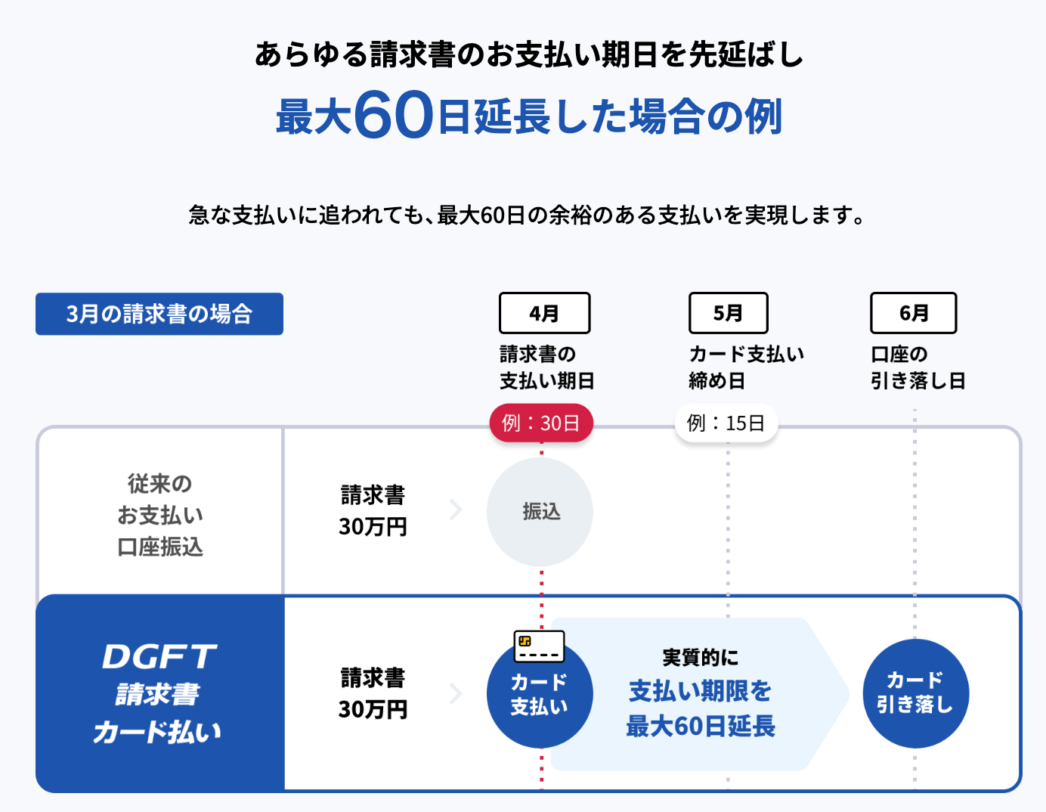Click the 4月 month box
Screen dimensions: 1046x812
pyautogui.click(x=544, y=313)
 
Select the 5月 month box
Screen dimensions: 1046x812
pyautogui.click(x=729, y=313)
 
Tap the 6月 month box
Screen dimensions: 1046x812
pyautogui.click(x=913, y=313)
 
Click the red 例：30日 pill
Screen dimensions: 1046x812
pyautogui.click(x=541, y=423)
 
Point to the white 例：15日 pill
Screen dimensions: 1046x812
pyautogui.click(x=726, y=423)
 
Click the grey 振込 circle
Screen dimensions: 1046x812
pyautogui.click(x=540, y=512)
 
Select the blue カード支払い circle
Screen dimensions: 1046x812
pyautogui.click(x=540, y=694)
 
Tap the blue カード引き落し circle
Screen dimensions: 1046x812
pyautogui.click(x=915, y=693)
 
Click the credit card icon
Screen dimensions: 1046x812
pyautogui.click(x=539, y=646)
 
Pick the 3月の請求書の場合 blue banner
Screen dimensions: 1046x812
pyautogui.click(x=159, y=314)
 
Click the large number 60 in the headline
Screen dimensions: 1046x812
pyautogui.click(x=393, y=115)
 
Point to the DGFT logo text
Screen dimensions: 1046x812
pyautogui.click(x=159, y=656)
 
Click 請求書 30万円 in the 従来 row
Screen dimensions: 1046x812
pyautogui.click(x=373, y=511)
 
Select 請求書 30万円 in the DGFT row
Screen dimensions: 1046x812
pyautogui.click(x=373, y=693)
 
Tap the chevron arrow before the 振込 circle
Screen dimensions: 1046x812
pyautogui.click(x=456, y=510)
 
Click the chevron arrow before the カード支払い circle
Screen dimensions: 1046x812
pyautogui.click(x=456, y=693)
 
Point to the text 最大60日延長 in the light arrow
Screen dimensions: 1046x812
pyautogui.click(x=701, y=727)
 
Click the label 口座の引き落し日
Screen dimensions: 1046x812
pyautogui.click(x=918, y=367)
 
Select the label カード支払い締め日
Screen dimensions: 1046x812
pyautogui.click(x=747, y=367)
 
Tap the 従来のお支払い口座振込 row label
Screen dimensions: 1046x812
pyautogui.click(x=160, y=516)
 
